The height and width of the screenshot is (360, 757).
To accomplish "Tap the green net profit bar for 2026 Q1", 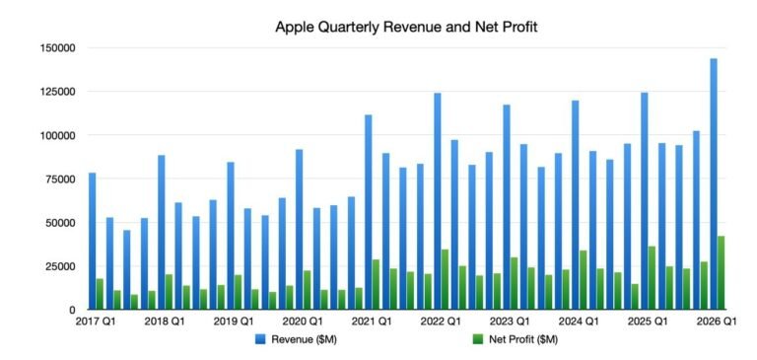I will click(722, 273).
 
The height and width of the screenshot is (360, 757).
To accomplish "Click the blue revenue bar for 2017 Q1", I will click(92, 242).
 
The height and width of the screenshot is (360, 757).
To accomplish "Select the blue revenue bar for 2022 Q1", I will click(437, 201).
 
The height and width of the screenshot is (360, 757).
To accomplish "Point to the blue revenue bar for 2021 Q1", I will click(368, 212).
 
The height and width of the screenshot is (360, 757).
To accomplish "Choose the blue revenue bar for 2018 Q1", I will click(161, 233).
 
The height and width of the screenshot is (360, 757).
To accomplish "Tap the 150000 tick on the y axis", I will click(55, 47).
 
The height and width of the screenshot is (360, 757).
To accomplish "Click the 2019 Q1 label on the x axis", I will click(234, 323).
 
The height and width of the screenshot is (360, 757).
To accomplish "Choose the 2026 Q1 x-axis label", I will click(716, 323).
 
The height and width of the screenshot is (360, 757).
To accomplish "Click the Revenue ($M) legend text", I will click(309, 339).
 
